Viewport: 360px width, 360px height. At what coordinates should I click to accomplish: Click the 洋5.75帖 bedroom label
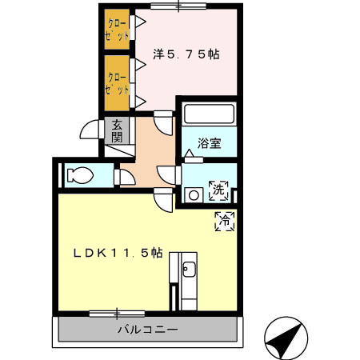coord(186,55)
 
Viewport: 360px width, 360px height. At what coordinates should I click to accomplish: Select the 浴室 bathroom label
coord(210,145)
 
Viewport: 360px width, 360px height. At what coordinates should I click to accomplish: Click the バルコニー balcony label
coord(147,329)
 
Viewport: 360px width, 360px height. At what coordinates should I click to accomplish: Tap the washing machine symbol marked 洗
coord(218,192)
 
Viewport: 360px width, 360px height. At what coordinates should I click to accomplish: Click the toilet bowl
coord(81,175)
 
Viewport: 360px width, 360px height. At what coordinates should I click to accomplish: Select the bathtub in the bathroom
coord(208,114)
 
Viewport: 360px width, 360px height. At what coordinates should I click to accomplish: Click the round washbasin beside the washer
coord(193,194)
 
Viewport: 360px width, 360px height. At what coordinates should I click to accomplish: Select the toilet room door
coord(122,176)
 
